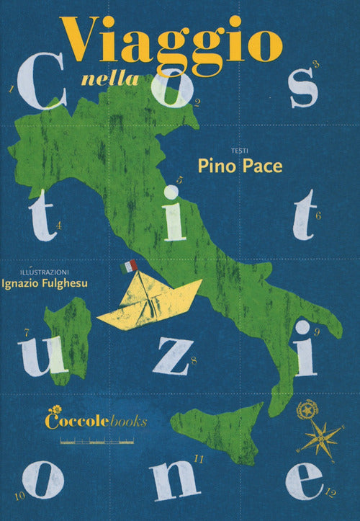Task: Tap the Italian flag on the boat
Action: [x=130, y=266]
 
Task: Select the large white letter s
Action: [x=303, y=90]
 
